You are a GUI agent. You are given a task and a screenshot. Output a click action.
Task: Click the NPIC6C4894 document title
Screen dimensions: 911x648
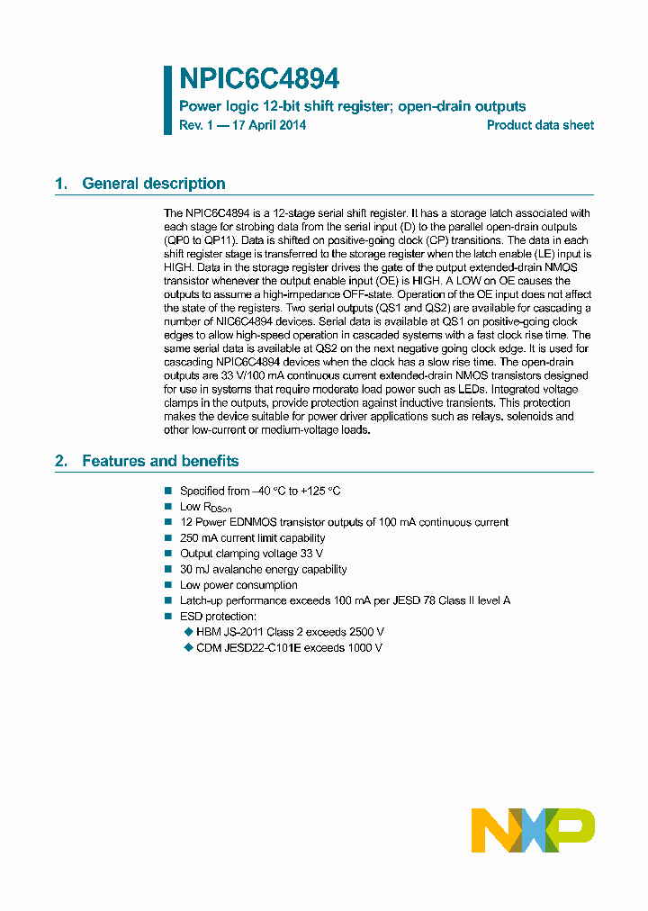pos(259,79)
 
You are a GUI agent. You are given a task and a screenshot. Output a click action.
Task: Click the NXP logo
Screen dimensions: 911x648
pos(533,829)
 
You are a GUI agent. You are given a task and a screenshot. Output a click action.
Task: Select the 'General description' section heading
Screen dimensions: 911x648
pos(154,184)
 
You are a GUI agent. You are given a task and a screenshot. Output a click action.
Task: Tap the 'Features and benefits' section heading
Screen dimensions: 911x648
pos(160,461)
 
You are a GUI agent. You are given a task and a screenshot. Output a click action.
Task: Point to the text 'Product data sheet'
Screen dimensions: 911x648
pos(540,125)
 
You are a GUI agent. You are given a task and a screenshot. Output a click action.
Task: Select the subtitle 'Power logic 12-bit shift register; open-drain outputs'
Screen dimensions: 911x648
pos(353,106)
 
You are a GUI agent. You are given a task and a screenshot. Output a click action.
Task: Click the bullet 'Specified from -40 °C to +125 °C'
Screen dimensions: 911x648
pos(260,491)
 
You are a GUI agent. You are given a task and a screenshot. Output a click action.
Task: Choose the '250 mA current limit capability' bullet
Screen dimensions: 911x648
pos(253,538)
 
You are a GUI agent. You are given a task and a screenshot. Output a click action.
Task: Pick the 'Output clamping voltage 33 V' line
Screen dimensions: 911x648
pos(251,554)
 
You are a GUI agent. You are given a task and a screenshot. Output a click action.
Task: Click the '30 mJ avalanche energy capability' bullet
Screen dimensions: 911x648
pos(263,569)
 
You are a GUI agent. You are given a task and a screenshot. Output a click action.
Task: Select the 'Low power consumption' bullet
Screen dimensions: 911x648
pos(238,585)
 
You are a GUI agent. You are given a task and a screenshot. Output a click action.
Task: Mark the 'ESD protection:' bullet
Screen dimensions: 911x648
pos(218,617)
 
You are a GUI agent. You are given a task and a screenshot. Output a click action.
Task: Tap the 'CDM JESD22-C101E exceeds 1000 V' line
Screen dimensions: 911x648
pos(289,647)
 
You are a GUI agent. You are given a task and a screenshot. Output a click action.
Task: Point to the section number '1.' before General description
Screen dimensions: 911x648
pos(61,184)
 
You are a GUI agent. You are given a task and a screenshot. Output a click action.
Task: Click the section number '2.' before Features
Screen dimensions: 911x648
pos(61,461)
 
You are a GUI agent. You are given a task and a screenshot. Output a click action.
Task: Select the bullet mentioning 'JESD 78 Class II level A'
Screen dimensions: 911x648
pos(345,600)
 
